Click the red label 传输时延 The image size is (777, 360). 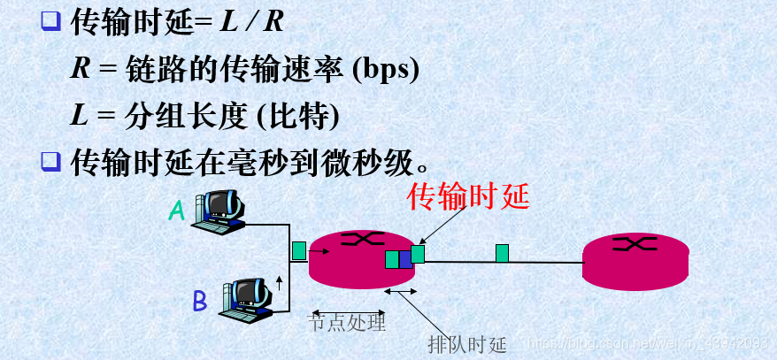[x=467, y=195]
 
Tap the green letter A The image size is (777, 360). [x=177, y=210]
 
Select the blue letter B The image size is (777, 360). [x=200, y=303]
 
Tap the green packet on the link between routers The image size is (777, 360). [x=503, y=254]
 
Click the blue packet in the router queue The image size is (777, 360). [x=405, y=259]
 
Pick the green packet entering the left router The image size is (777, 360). [x=299, y=250]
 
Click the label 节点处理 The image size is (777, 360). [x=347, y=323]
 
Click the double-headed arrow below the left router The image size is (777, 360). [x=399, y=291]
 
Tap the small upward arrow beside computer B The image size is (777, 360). [x=280, y=283]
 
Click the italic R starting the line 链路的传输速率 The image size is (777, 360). [x=81, y=70]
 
